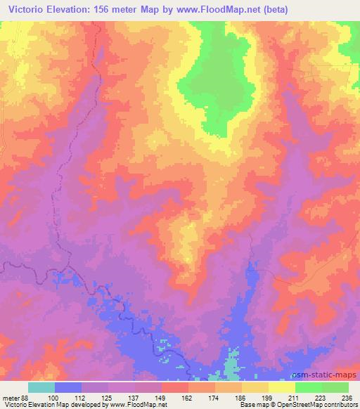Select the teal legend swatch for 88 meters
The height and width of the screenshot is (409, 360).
pos(41,387)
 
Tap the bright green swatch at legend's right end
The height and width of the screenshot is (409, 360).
pos(335,387)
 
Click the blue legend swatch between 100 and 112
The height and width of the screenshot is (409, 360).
pos(68,387)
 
